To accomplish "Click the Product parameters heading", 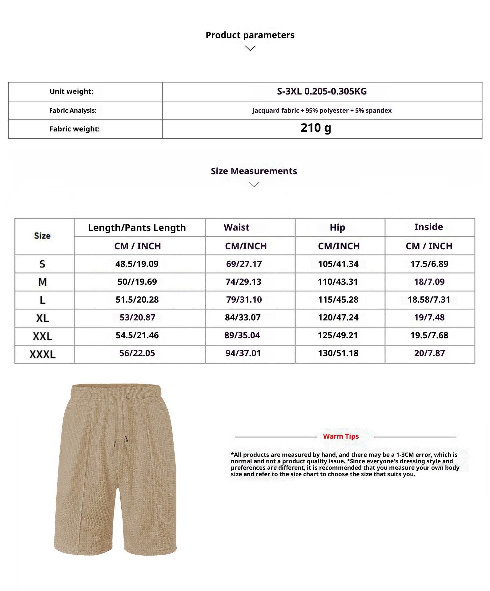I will tap(250, 35).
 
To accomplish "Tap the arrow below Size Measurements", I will tap(254, 184).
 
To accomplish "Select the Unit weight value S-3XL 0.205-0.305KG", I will tap(322, 91).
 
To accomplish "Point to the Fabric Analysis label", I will tap(73, 111).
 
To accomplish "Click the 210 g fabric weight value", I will tap(316, 128).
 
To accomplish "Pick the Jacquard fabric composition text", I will tap(322, 111).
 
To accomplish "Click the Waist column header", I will tap(236, 227).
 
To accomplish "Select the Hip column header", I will tap(337, 227).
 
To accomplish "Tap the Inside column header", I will tap(428, 227).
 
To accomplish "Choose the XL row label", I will tap(42, 318).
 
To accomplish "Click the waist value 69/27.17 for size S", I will tap(244, 264).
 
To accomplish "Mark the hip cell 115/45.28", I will tap(338, 300).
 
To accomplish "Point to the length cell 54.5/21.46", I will tap(137, 335).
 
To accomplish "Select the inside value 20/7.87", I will tap(429, 353).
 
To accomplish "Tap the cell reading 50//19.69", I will tap(137, 282).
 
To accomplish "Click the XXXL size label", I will tap(42, 354).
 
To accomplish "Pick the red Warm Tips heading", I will tap(341, 436).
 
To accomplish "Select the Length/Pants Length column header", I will tap(137, 228).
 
